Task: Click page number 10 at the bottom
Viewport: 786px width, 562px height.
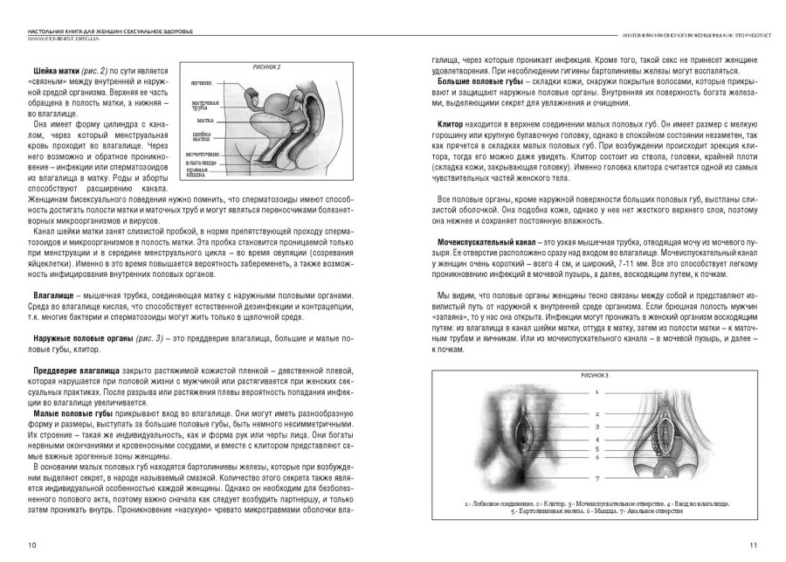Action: tap(31, 545)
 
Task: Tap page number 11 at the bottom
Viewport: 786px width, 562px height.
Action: tap(753, 545)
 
